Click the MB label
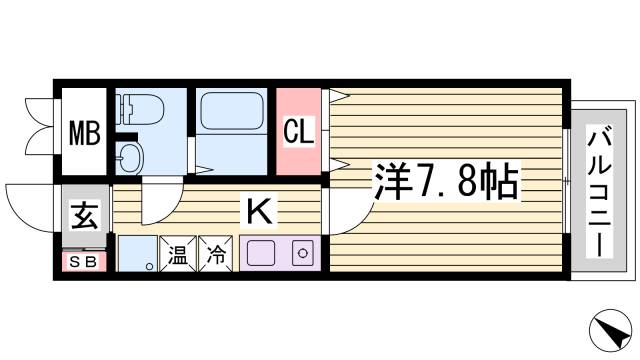point(84,132)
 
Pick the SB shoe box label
point(83,262)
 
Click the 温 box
point(178,255)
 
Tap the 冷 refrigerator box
point(216,255)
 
